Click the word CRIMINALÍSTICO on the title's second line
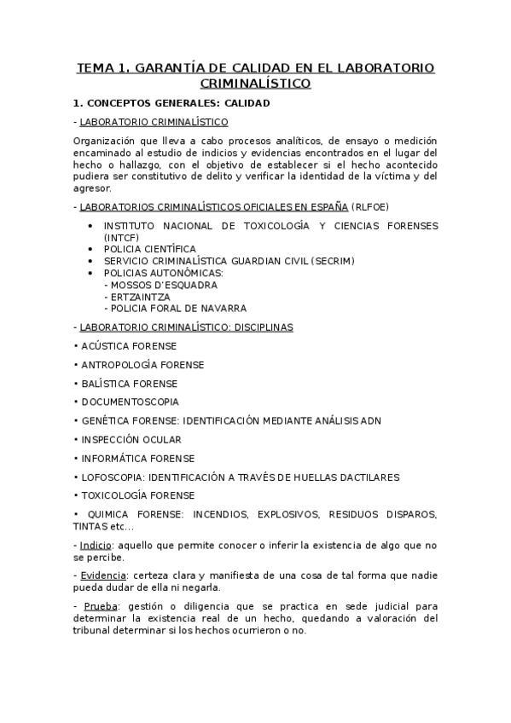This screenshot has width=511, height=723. (255, 84)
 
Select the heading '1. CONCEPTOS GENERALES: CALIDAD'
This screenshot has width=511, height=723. (171, 103)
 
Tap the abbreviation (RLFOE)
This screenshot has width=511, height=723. (373, 206)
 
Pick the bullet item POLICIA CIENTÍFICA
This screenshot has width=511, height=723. (149, 248)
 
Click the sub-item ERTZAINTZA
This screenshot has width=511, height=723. (142, 296)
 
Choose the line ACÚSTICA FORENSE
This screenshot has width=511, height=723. (128, 346)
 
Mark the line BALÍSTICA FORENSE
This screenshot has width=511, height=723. (130, 383)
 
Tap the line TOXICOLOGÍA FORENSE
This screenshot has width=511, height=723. (137, 495)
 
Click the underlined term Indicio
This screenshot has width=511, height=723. (95, 545)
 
